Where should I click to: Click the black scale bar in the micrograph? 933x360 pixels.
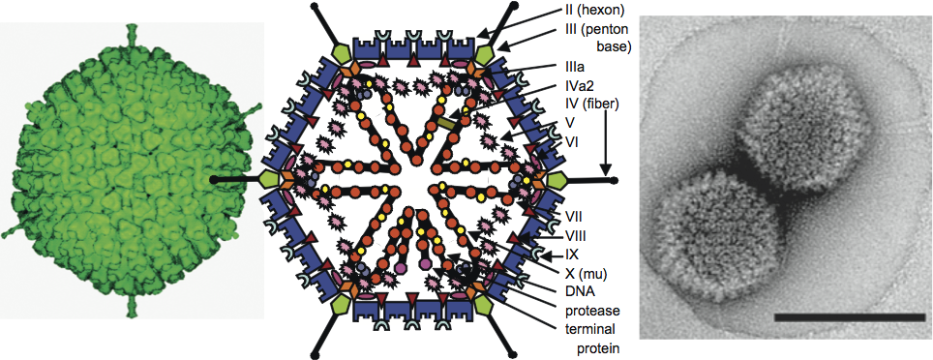tap(849, 317)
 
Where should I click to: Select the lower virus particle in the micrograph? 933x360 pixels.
tap(713, 235)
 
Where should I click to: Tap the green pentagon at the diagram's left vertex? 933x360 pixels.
tap(270, 179)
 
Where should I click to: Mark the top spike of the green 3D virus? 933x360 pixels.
tap(131, 33)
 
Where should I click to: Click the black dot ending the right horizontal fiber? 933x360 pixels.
tap(614, 180)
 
